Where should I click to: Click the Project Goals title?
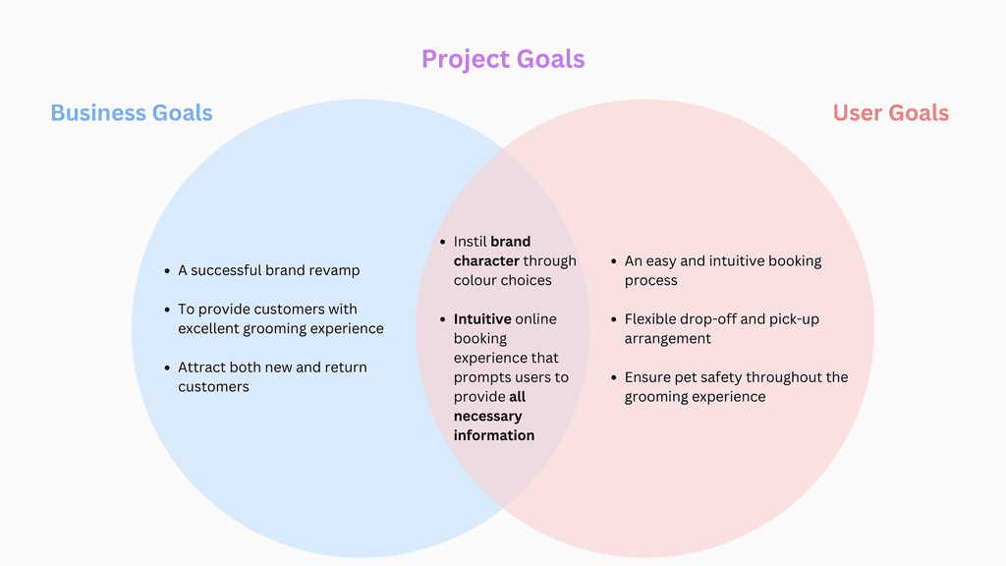503,59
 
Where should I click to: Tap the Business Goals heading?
132,113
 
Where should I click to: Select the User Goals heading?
890,113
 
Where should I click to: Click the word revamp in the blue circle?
335,270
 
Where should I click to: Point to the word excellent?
209,328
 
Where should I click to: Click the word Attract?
201,368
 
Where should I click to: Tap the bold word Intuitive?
482,319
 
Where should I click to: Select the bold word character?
486,261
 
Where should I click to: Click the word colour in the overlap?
476,280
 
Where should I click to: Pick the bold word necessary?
487,416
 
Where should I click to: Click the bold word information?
494,435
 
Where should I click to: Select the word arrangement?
668,339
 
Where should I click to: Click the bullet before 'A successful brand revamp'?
168,270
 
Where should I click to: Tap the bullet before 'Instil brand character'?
443,242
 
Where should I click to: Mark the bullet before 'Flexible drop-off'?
614,319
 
